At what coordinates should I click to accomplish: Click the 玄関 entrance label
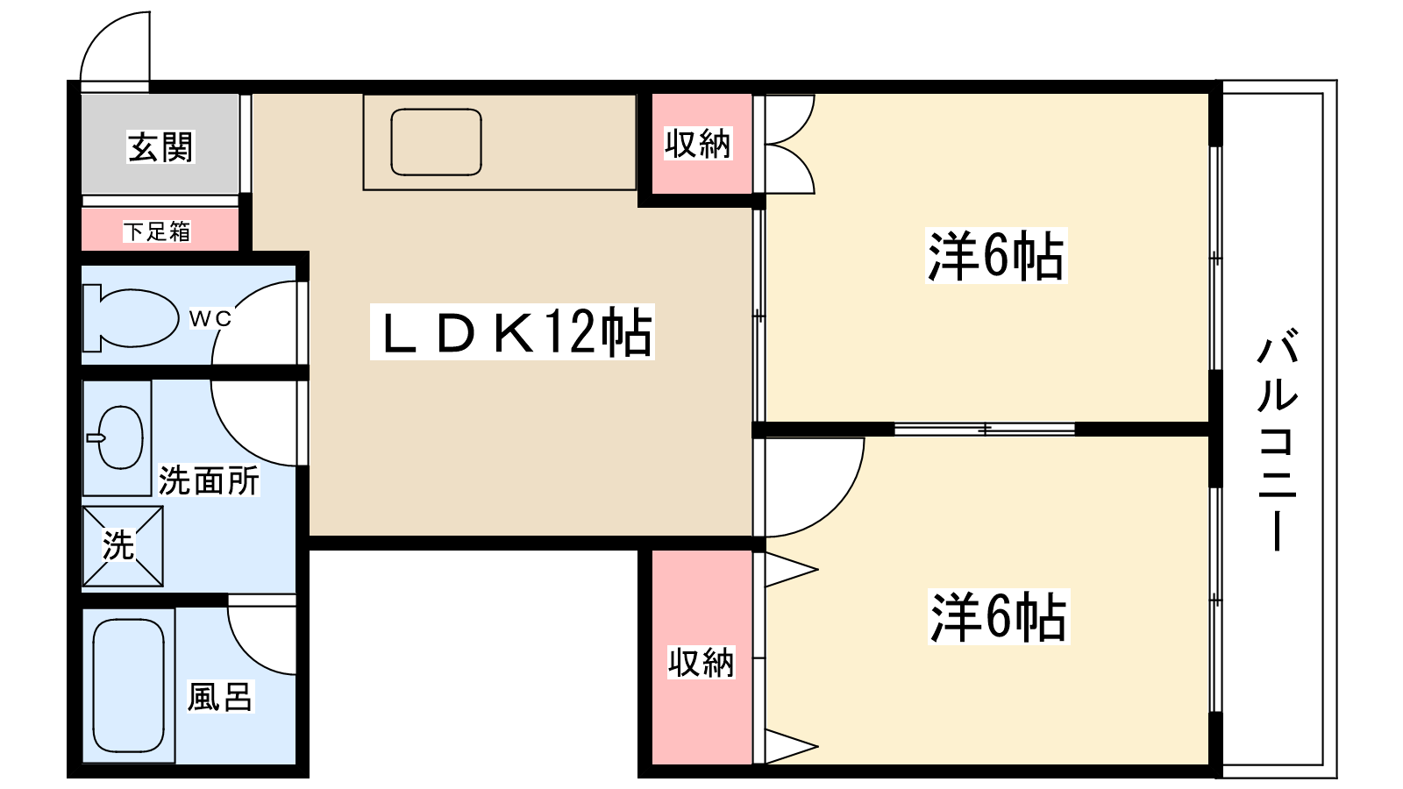(161, 147)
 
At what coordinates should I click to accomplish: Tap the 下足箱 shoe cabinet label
(157, 231)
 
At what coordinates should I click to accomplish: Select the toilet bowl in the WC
(131, 318)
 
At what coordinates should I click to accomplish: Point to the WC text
(210, 319)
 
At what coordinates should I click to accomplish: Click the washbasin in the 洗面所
(119, 437)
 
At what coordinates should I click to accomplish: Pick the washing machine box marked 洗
(123, 546)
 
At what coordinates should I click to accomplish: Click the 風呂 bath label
(220, 697)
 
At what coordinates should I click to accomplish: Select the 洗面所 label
(209, 480)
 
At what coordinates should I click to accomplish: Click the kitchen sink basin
(436, 142)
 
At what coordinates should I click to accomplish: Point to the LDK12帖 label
(512, 332)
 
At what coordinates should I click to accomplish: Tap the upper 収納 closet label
(698, 144)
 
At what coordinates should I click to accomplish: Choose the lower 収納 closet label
(701, 662)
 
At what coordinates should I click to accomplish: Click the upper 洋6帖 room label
(996, 255)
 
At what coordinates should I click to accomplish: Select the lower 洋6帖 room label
(999, 617)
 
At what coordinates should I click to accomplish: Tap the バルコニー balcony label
(1277, 442)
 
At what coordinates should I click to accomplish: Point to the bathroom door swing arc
(247, 651)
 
